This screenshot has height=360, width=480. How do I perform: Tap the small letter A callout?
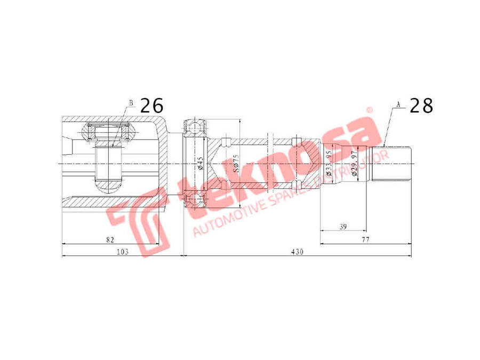tap(398, 105)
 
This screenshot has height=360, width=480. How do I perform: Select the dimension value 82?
tap(110, 240)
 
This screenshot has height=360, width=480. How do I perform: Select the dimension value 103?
tap(123, 252)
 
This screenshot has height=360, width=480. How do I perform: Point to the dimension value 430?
tap(297, 252)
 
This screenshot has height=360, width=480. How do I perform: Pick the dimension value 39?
tap(343, 227)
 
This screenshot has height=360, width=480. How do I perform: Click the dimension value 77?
tap(365, 240)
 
